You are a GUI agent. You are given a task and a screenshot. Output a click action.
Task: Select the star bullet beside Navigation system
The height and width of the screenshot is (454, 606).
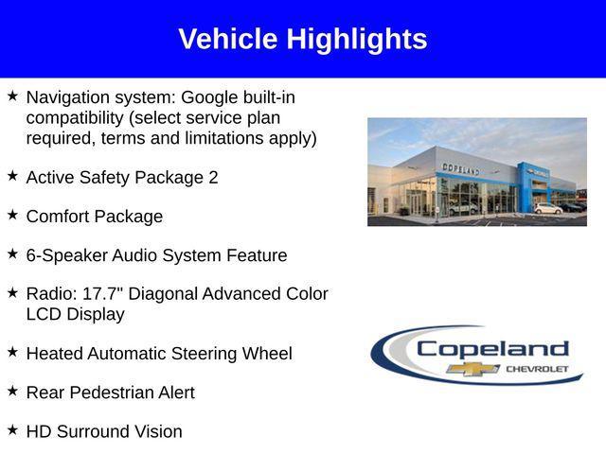click(12, 96)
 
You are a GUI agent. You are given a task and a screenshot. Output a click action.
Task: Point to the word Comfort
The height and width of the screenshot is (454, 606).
click(60, 217)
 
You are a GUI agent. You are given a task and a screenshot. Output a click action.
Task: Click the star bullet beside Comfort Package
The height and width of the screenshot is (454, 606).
click(12, 216)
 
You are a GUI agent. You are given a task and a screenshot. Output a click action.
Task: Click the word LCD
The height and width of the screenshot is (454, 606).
click(45, 314)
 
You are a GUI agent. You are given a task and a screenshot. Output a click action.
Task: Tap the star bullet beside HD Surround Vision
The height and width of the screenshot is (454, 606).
click(12, 430)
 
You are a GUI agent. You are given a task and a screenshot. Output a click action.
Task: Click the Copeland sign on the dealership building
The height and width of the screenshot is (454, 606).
click(460, 168)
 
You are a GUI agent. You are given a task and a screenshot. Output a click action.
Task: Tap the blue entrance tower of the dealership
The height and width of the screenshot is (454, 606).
click(526, 185)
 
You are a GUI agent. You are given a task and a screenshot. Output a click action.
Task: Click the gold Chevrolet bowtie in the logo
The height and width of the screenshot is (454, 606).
click(473, 368)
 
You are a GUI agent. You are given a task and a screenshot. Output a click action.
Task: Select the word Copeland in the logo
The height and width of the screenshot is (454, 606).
click(492, 348)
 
